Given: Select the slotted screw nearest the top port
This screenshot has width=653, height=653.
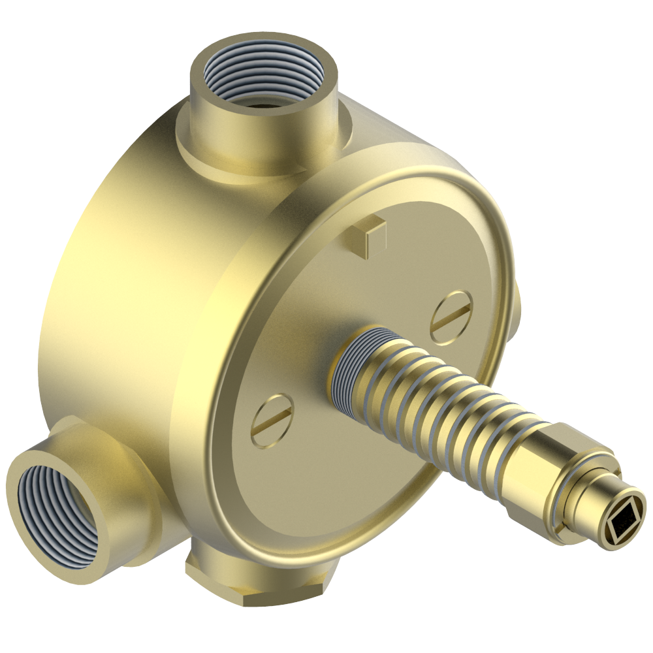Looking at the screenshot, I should point(451,316).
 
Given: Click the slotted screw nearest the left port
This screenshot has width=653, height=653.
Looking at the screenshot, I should point(272,420).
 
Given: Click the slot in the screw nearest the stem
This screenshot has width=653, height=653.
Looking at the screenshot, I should point(451,316).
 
